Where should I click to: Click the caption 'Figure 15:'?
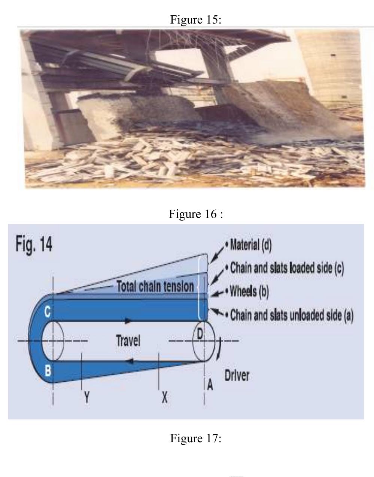pyautogui.click(x=196, y=19)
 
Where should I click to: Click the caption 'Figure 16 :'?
pyautogui.click(x=196, y=214)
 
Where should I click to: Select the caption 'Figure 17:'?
pyautogui.click(x=196, y=438)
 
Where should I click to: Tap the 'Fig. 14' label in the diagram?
pyautogui.click(x=34, y=245)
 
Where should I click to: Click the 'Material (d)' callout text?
pyautogui.click(x=250, y=245)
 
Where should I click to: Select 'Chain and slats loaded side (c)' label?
pyautogui.click(x=286, y=268)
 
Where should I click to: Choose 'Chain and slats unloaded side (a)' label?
pyautogui.click(x=291, y=315)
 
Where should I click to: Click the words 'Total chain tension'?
pyautogui.click(x=155, y=287)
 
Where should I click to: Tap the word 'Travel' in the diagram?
pyautogui.click(x=128, y=341)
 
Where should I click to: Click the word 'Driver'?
pyautogui.click(x=237, y=375)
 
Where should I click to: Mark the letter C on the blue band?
pyautogui.click(x=48, y=313)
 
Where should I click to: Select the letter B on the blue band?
pyautogui.click(x=48, y=370)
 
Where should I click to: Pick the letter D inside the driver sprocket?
pyautogui.click(x=200, y=334)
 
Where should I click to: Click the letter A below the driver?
pyautogui.click(x=210, y=385)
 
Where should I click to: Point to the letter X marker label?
pyautogui.click(x=164, y=398)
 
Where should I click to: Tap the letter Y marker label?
pyautogui.click(x=86, y=398)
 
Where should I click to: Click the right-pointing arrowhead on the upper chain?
pyautogui.click(x=128, y=320)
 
